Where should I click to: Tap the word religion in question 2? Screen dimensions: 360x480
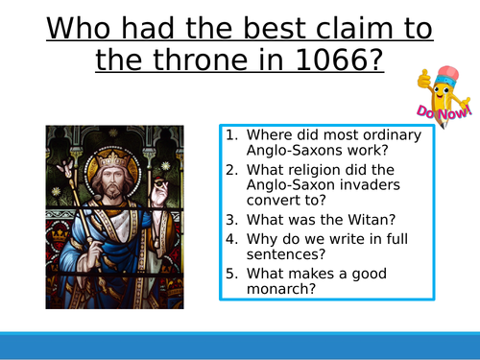click(x=313, y=171)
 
